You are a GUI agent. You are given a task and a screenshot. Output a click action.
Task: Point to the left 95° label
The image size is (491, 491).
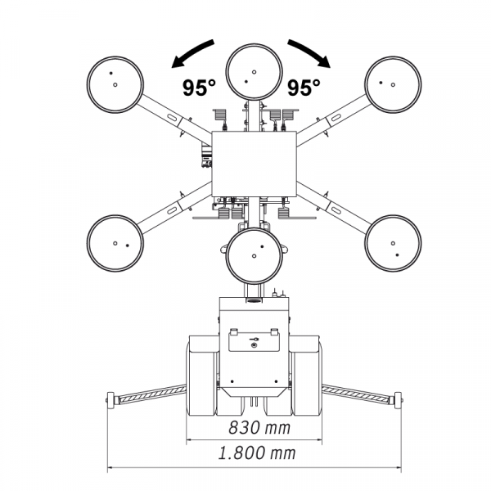point(199,88)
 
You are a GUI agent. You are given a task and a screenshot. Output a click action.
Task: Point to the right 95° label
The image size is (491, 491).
point(304,88)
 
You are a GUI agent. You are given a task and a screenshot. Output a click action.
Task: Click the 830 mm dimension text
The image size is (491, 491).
point(259,428)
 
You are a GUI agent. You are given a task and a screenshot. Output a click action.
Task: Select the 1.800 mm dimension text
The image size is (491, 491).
point(257,453)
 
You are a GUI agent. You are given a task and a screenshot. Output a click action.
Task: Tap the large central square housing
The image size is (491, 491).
point(254,164)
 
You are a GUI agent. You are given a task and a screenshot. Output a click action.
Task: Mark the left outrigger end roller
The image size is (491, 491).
point(110,400)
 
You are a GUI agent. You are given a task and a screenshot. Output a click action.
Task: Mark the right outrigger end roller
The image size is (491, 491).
point(398,400)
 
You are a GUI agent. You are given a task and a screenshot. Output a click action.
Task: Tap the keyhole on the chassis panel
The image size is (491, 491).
point(254,345)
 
